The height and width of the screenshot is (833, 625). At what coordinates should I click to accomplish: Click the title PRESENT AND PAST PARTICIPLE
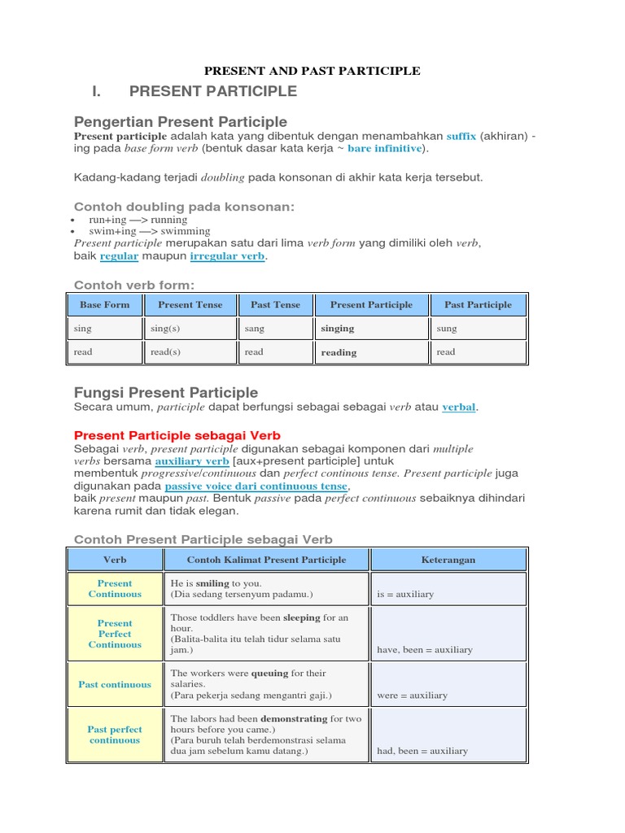tap(312, 71)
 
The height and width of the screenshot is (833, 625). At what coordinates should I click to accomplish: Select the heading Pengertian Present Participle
tap(181, 121)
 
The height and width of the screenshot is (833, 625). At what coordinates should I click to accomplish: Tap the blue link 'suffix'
tap(461, 136)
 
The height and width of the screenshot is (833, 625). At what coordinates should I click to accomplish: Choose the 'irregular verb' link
tap(227, 256)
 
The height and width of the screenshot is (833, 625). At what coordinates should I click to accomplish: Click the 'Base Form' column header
tap(104, 305)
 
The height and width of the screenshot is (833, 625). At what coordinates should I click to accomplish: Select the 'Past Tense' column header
tap(275, 305)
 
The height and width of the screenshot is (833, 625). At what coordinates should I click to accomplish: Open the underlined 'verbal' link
tap(458, 407)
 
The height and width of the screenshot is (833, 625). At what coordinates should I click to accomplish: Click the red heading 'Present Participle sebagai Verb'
tap(177, 436)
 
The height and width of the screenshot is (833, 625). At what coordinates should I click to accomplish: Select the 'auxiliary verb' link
tap(192, 461)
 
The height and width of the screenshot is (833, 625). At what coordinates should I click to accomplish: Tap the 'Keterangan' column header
tap(448, 560)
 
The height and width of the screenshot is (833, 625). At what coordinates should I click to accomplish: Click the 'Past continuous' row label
tap(115, 685)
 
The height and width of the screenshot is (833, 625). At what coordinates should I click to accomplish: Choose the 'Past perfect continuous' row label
tap(115, 735)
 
